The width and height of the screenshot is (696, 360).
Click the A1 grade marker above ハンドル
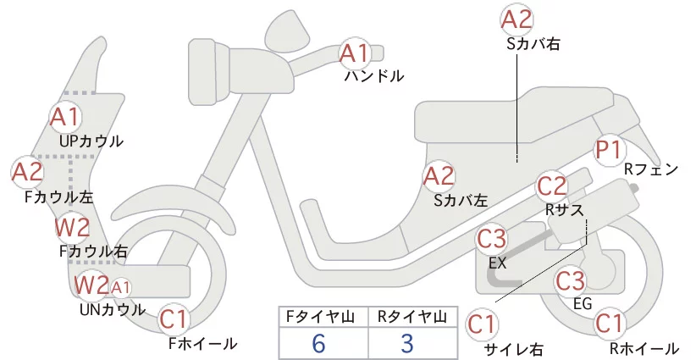[354, 53]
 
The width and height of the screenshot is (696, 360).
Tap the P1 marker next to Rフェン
[609, 150]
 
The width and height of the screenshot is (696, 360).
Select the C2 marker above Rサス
[552, 186]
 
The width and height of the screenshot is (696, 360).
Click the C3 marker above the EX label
[491, 238]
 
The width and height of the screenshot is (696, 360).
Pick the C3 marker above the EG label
[571, 280]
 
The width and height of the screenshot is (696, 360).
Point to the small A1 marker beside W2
[121, 288]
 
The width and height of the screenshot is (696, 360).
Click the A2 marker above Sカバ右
[516, 19]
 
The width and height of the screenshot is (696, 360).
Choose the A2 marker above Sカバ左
[439, 176]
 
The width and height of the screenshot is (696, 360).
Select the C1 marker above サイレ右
[482, 324]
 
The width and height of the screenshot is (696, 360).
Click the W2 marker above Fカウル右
[73, 227]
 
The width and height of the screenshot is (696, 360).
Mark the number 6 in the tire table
[318, 344]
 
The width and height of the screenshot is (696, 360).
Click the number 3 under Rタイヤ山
[407, 344]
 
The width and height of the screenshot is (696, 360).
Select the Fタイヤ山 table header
[320, 317]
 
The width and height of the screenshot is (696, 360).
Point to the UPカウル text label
[91, 141]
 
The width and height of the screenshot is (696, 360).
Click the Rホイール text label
[644, 348]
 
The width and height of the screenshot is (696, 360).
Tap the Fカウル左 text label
[59, 197]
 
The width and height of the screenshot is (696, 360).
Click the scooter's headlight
[209, 72]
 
